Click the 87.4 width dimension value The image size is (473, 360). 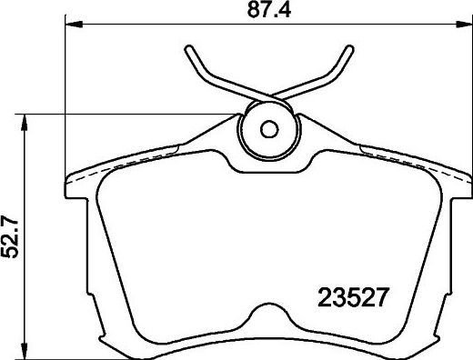click(271, 11)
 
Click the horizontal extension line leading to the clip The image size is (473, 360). click(136, 114)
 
